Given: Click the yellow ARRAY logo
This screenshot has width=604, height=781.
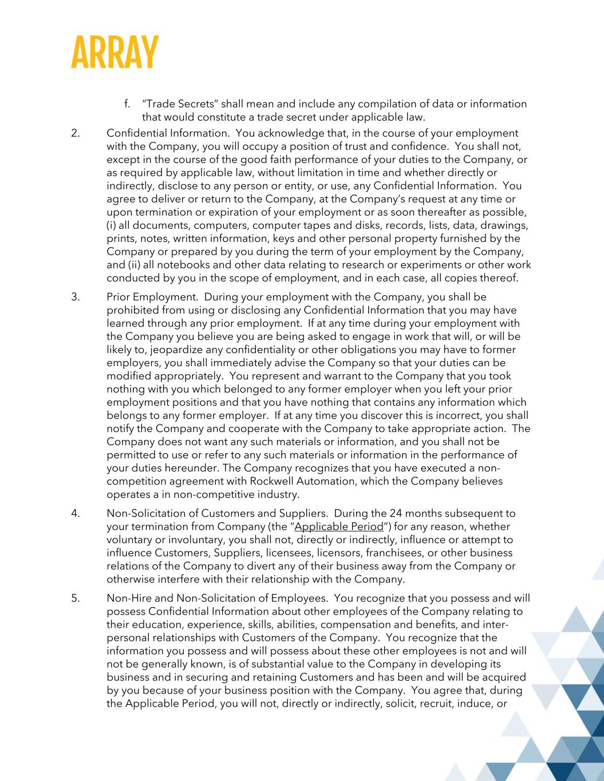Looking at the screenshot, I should tap(115, 53).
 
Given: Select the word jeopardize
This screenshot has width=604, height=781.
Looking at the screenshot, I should tap(185, 350).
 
